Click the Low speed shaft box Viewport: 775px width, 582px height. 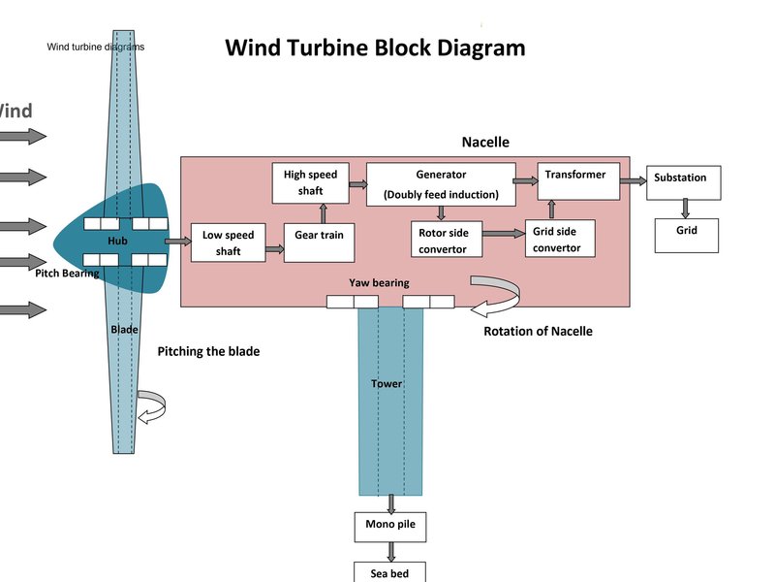229,243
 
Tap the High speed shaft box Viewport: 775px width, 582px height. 310,183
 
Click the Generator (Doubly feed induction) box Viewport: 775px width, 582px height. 441,184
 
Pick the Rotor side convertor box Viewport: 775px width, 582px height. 446,241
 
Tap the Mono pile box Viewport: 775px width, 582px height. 390,527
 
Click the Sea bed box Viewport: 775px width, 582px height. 390,572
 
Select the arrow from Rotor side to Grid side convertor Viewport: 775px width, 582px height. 503,234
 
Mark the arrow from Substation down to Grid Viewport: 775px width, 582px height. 686,208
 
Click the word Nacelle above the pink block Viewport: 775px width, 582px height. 485,143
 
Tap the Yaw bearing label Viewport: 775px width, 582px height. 379,283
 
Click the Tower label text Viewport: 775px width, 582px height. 387,384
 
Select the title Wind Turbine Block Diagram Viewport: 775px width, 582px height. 375,48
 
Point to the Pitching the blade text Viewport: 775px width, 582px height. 208,351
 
